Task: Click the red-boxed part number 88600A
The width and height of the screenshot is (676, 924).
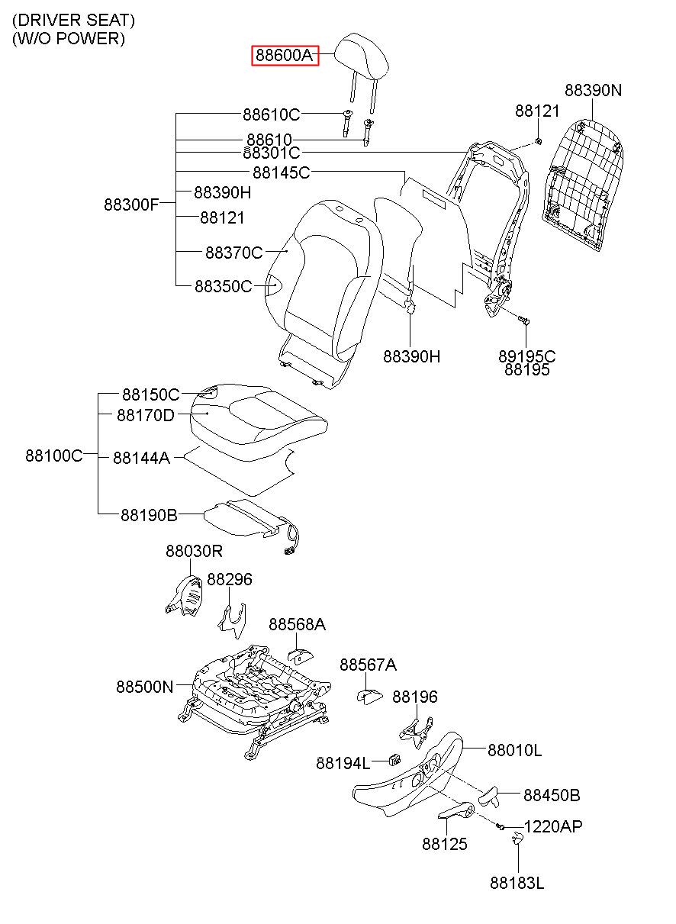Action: coord(285,55)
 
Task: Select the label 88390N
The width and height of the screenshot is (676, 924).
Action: coord(593,90)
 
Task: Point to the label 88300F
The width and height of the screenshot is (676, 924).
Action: coord(131,204)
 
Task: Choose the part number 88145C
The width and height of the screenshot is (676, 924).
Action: coord(281,172)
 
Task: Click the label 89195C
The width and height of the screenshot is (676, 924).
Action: coord(526,356)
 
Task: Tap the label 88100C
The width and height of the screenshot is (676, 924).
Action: coord(54,456)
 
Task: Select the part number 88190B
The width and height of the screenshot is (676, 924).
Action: coord(149,515)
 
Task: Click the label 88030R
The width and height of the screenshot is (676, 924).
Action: coord(194,551)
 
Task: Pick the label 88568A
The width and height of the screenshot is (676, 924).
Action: coord(297,624)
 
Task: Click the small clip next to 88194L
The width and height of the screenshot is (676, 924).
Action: coord(394,758)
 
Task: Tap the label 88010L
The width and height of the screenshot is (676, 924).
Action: coord(514,750)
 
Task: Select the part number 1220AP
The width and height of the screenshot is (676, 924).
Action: coord(552,826)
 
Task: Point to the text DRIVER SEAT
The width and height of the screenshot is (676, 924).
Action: coord(73,20)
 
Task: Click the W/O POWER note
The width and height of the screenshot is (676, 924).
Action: coord(69,38)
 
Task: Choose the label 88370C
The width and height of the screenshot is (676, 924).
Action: coord(234,253)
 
